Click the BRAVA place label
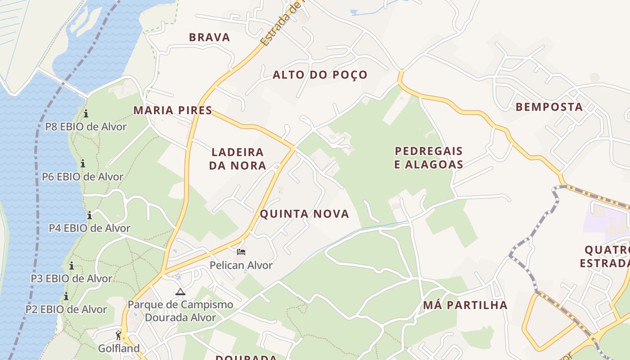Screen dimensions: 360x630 (x=209, y=37)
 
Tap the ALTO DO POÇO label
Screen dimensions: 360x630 (x=320, y=75)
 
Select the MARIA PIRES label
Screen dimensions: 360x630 (x=173, y=110)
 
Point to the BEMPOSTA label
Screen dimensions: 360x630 (x=549, y=107)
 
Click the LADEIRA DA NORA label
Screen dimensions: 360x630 (x=238, y=159)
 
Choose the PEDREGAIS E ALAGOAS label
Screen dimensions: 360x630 (x=428, y=157)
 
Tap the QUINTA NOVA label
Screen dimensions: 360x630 (x=304, y=214)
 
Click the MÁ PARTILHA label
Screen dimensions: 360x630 (x=465, y=305)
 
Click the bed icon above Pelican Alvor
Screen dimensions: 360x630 (x=241, y=252)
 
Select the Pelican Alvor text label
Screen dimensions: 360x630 (x=241, y=265)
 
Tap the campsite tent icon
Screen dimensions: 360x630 (x=180, y=292)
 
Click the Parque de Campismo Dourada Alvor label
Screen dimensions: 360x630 (x=180, y=311)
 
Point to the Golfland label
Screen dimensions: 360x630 (x=119, y=348)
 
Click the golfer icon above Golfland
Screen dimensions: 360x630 (x=118, y=336)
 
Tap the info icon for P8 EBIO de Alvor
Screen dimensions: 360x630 (x=85, y=113)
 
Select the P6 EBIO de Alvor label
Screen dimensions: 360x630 (x=82, y=177)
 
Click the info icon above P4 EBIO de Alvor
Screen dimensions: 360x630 (x=89, y=215)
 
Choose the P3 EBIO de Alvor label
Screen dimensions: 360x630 (x=71, y=279)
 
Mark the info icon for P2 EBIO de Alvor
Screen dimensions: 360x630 (x=66, y=296)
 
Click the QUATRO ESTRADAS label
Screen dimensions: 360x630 (x=605, y=256)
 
